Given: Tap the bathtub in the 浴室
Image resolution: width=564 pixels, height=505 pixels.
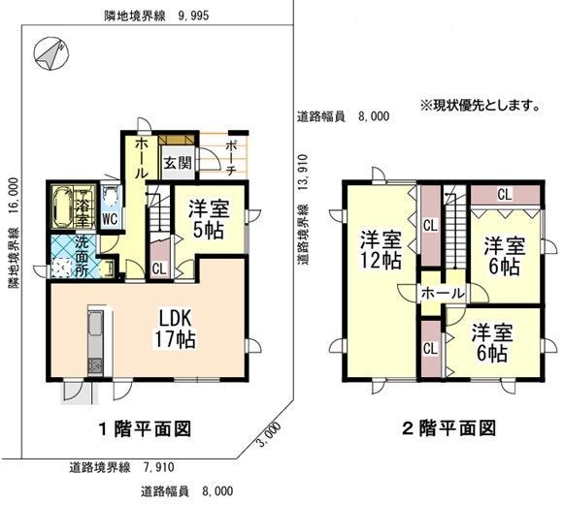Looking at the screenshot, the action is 62,206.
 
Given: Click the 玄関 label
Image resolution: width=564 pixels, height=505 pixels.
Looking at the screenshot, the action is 178,164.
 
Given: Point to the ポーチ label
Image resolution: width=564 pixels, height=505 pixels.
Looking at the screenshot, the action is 231,158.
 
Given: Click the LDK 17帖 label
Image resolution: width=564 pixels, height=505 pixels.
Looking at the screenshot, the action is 175,329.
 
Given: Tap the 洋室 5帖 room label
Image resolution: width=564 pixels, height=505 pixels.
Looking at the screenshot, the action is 209,220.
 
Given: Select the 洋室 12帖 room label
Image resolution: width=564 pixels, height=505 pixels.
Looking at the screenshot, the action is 382,250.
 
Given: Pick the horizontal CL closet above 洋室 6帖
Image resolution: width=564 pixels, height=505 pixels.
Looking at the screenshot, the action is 506,195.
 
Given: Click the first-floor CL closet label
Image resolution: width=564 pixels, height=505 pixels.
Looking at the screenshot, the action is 159,269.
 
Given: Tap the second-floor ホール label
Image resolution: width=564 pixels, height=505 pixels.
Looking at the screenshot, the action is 443,294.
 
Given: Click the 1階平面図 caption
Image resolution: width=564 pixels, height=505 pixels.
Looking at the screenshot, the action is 145,428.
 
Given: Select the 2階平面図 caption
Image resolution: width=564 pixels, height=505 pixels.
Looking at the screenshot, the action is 448,428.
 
